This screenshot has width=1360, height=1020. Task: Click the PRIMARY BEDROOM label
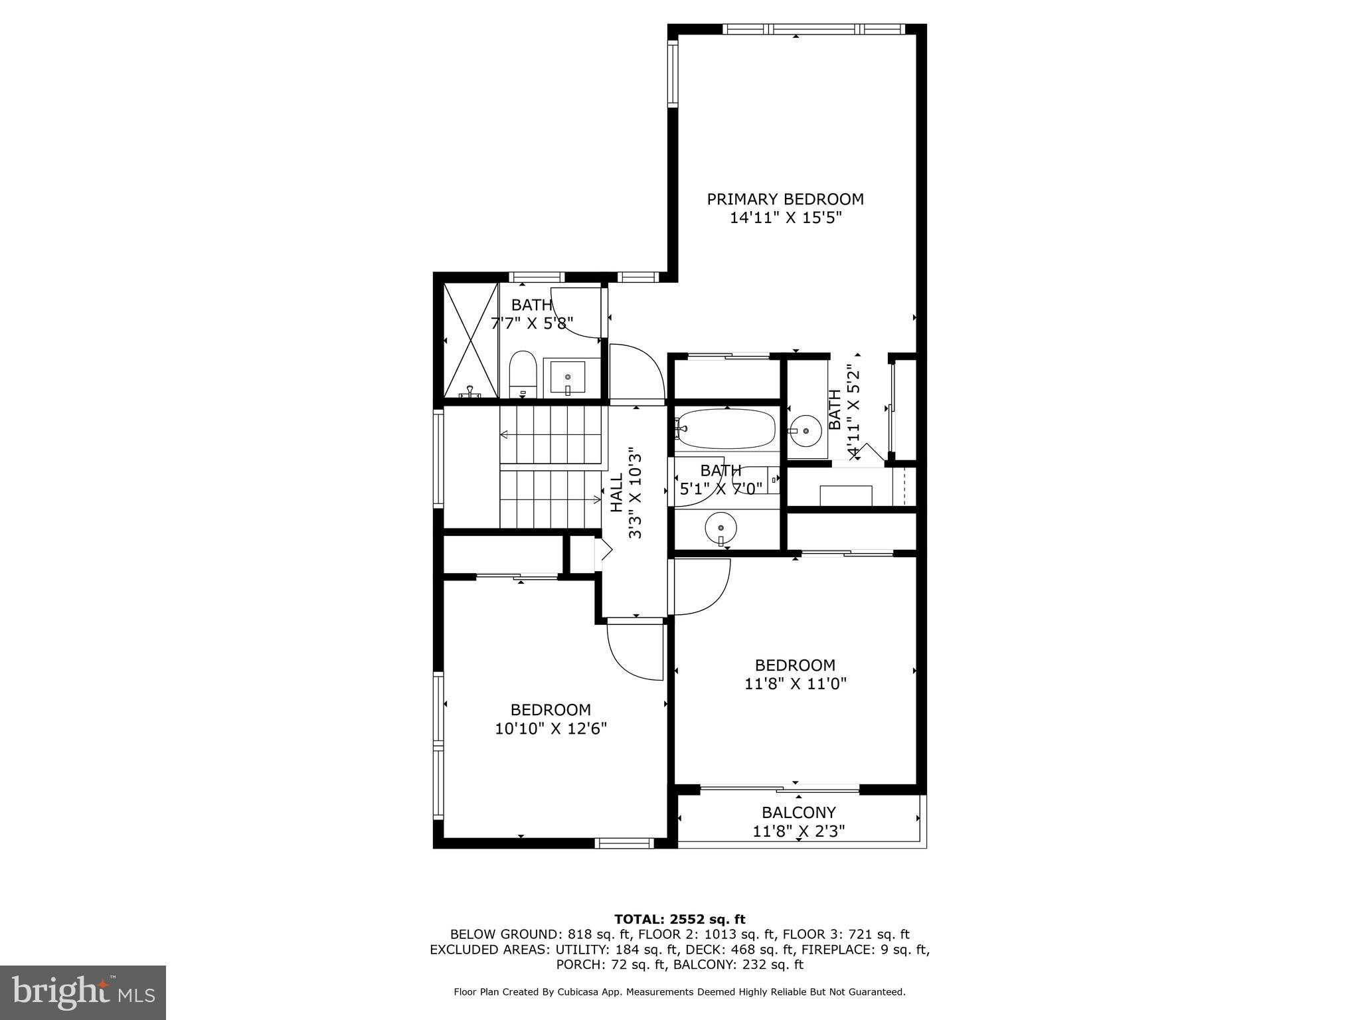(x=785, y=199)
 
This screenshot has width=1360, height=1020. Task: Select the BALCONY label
(x=798, y=812)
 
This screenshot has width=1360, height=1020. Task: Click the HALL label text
(x=617, y=493)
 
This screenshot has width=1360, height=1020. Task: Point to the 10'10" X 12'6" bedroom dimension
(x=551, y=728)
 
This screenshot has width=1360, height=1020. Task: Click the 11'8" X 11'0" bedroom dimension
(x=795, y=683)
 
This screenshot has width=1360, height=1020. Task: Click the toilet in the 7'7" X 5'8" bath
(x=523, y=375)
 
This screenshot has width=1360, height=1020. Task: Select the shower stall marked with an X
(x=470, y=341)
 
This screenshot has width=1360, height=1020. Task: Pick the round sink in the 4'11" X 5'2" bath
(x=807, y=430)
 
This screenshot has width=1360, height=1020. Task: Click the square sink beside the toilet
(x=568, y=379)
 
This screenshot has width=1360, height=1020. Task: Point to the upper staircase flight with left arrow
(x=552, y=435)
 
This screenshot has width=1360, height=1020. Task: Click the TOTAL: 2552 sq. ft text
(x=679, y=919)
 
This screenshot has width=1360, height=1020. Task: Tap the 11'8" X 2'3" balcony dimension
(x=798, y=831)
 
